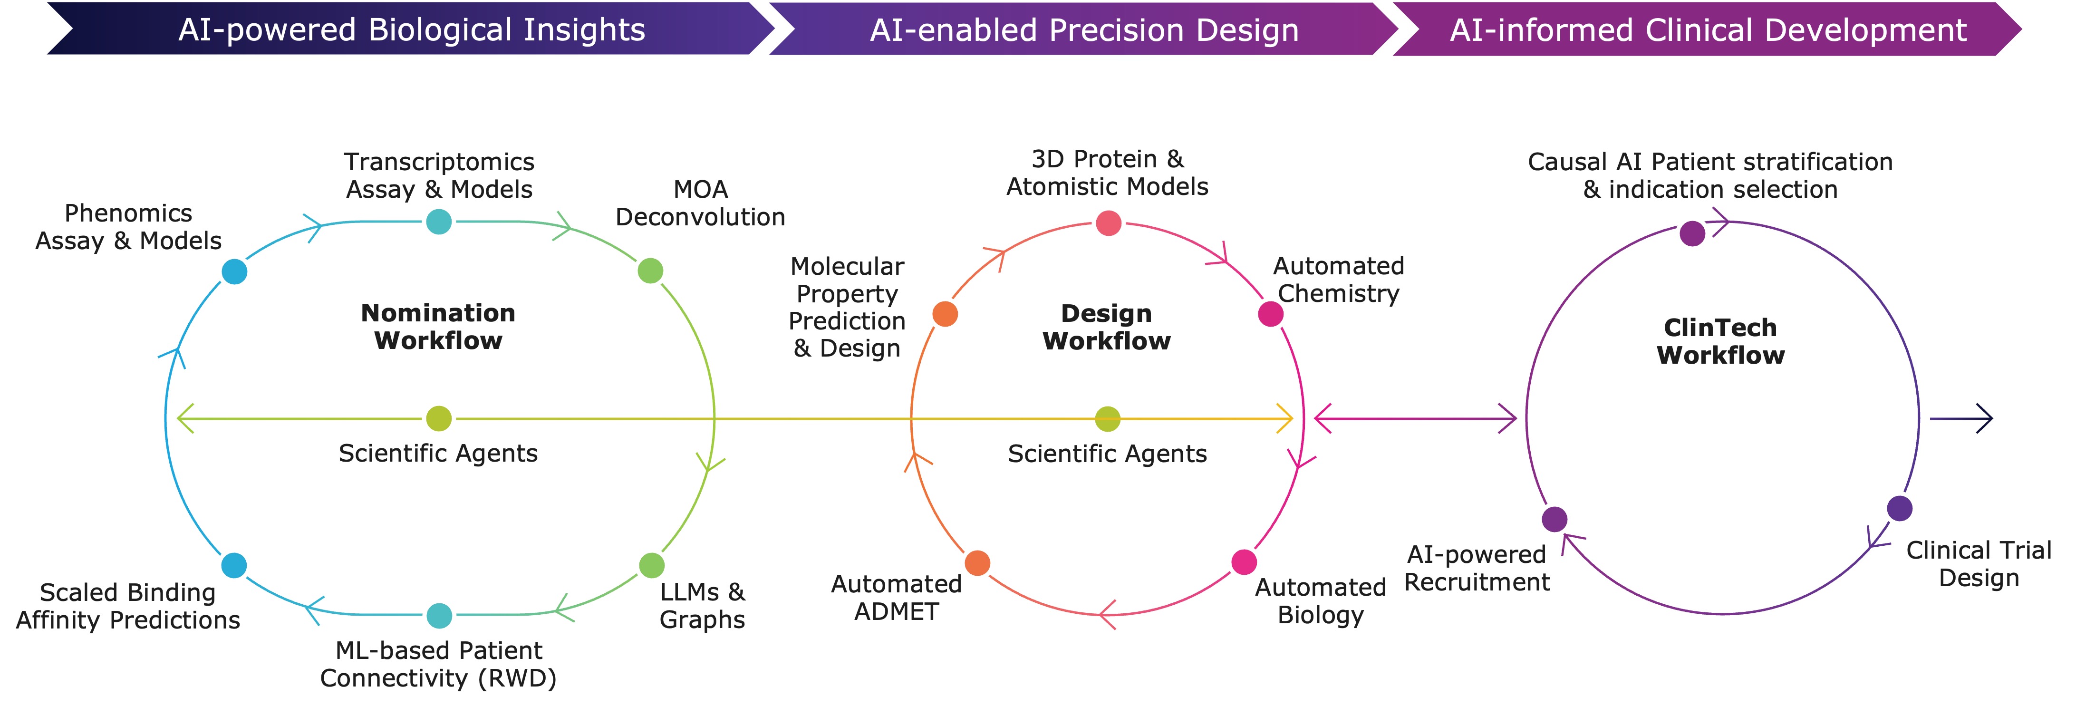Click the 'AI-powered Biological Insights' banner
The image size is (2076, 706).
[x=411, y=30]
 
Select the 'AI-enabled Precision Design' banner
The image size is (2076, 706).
[x=1084, y=30]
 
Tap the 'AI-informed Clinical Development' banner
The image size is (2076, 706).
[x=1708, y=30]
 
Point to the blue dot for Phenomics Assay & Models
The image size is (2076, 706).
[x=234, y=271]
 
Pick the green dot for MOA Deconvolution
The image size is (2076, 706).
[x=650, y=271]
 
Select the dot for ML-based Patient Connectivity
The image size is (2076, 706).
[x=438, y=616]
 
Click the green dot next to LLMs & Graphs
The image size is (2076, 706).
[x=651, y=565]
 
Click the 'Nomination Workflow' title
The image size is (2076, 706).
[x=438, y=327]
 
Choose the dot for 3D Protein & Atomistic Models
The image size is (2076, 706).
[x=1109, y=223]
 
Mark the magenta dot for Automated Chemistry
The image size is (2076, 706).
[x=1271, y=314]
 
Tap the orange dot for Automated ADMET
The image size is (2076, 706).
[x=977, y=562]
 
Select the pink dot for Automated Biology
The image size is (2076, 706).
[x=1244, y=562]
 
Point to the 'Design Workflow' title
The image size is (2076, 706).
[x=1107, y=327]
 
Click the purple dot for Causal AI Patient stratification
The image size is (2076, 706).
[x=1692, y=234]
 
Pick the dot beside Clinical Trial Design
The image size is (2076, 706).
[x=1900, y=509]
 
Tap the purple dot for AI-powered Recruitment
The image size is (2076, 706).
[x=1555, y=519]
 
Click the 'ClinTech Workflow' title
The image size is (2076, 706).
[x=1720, y=341]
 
